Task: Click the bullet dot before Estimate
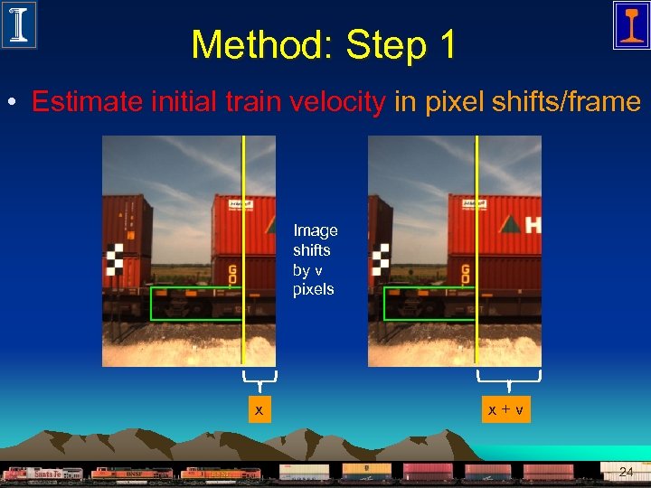[14, 102]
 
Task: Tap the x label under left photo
[259, 410]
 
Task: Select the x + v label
[506, 410]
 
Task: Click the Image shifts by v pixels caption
[315, 260]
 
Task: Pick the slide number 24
[626, 472]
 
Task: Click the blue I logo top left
[19, 24]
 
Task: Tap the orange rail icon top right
[630, 24]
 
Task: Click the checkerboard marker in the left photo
[114, 259]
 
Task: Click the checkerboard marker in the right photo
[380, 259]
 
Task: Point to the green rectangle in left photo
[197, 304]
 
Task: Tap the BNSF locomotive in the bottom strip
[131, 474]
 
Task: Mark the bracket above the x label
[259, 378]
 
